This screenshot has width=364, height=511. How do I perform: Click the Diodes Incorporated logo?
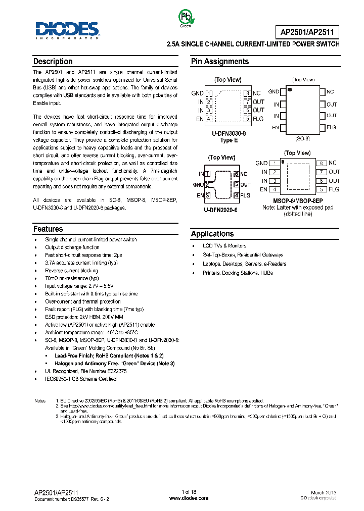pyautogui.click(x=67, y=30)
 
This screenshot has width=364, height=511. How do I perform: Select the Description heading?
pyautogui.click(x=53, y=62)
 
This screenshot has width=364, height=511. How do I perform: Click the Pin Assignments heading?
pyautogui.click(x=219, y=62)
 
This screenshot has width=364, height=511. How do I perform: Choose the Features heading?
pyautogui.click(x=48, y=229)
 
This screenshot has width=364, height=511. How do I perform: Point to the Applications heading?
pyautogui.click(x=212, y=234)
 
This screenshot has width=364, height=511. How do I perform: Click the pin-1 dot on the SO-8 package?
pyautogui.click(x=290, y=90)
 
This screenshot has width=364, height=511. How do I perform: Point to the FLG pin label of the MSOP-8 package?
pyautogui.click(x=334, y=189)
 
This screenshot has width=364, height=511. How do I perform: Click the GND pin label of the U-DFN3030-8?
pyautogui.click(x=197, y=93)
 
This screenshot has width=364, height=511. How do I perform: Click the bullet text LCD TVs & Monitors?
pyautogui.click(x=224, y=245)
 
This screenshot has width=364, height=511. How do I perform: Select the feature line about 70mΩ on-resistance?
pyautogui.click(x=72, y=278)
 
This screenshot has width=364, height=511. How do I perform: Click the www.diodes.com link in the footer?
pyautogui.click(x=188, y=498)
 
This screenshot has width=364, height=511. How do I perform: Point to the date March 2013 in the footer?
pyautogui.click(x=324, y=492)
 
